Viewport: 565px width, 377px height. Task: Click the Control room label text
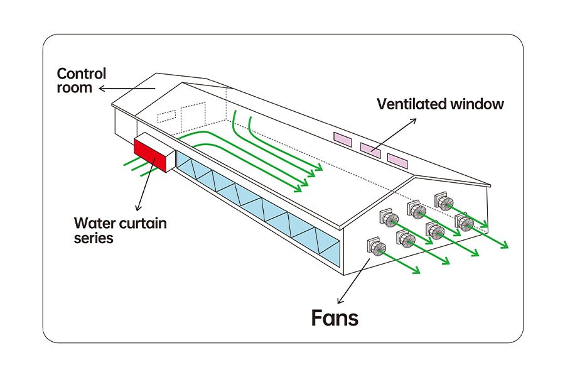(x=82, y=80)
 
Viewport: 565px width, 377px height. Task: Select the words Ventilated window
(x=440, y=104)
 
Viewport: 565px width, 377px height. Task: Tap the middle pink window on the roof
(x=370, y=149)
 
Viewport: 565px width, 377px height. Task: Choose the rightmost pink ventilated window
(x=397, y=159)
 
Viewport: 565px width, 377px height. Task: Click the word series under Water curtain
(x=94, y=238)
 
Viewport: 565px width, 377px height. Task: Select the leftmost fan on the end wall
(x=375, y=248)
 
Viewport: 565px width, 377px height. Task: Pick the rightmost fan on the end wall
(x=464, y=222)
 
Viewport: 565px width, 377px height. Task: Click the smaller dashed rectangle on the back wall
(x=166, y=116)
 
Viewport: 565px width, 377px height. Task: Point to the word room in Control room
(x=74, y=88)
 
